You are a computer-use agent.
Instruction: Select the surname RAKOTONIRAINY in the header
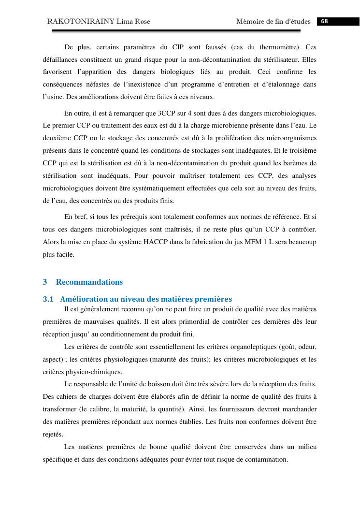76,21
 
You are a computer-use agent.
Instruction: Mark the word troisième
301,150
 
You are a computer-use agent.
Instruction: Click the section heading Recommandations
89,282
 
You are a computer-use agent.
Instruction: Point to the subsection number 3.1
48,299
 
